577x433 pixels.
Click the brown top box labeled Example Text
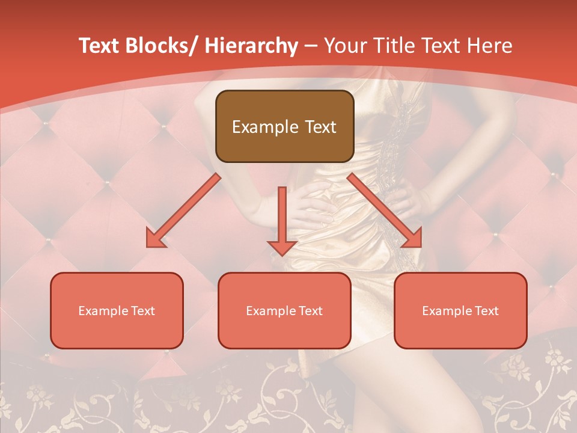pyautogui.click(x=284, y=126)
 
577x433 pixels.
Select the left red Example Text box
pyautogui.click(x=117, y=310)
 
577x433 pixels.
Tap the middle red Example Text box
pyautogui.click(x=284, y=310)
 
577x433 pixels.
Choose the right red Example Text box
pyautogui.click(x=460, y=310)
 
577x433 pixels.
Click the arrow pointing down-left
pyautogui.click(x=183, y=210)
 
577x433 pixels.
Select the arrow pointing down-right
pyautogui.click(x=385, y=210)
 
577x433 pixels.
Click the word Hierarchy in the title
pyautogui.click(x=251, y=46)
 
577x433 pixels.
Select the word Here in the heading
pyautogui.click(x=489, y=46)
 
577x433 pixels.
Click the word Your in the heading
pyautogui.click(x=343, y=46)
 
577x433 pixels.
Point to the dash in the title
pyautogui.click(x=311, y=46)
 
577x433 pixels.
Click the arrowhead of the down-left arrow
pyautogui.click(x=155, y=239)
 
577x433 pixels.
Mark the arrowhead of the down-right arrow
pyautogui.click(x=412, y=239)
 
